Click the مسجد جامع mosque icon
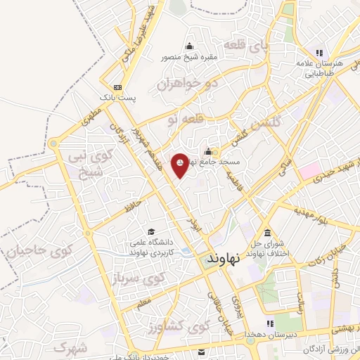tap(208, 151)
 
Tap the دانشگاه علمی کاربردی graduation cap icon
tap(150, 231)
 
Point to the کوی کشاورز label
tap(180, 328)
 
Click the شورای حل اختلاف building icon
tap(267, 233)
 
